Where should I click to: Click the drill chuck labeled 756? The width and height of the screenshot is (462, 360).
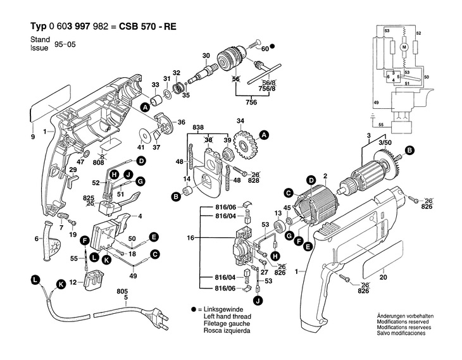tap(226, 61)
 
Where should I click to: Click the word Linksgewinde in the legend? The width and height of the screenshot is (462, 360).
tap(221, 308)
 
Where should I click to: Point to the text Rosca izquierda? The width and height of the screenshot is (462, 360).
tap(224, 331)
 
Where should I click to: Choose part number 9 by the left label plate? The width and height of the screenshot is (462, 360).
tap(32, 137)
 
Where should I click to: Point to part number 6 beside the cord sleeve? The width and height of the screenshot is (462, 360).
tap(37, 239)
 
